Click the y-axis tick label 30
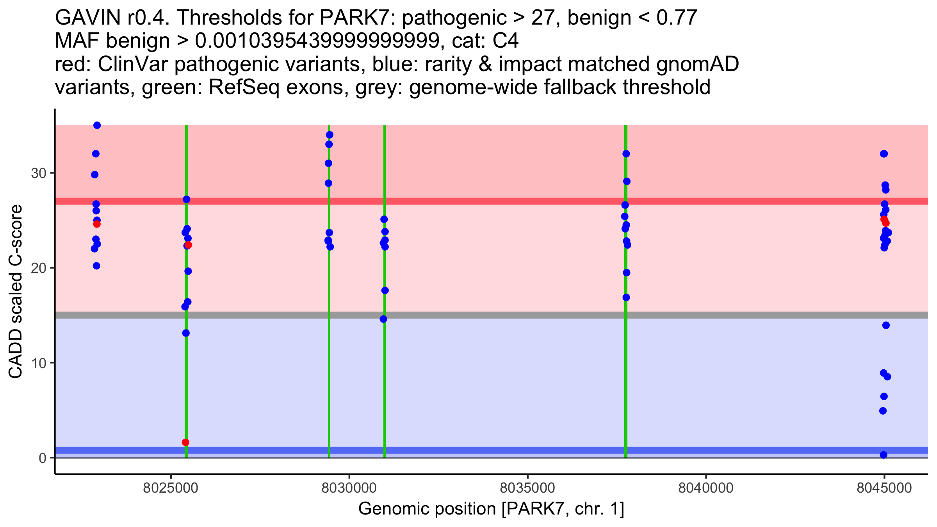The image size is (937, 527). [39, 173]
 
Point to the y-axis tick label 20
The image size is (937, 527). [39, 268]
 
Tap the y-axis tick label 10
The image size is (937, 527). [39, 363]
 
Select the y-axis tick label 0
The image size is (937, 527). [43, 458]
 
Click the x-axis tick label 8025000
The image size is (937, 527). [171, 488]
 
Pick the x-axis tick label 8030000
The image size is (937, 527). [349, 488]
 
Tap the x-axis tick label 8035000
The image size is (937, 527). [527, 488]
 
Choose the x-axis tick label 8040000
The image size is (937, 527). [706, 488]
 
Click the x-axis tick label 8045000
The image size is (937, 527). [884, 488]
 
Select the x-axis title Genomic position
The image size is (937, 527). [491, 509]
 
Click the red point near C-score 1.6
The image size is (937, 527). [185, 442]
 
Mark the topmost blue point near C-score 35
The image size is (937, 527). [97, 125]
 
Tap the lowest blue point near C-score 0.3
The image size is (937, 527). [884, 455]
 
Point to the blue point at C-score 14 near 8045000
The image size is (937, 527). [886, 325]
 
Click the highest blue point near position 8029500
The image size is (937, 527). [330, 135]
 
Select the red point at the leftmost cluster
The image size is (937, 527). [97, 224]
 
